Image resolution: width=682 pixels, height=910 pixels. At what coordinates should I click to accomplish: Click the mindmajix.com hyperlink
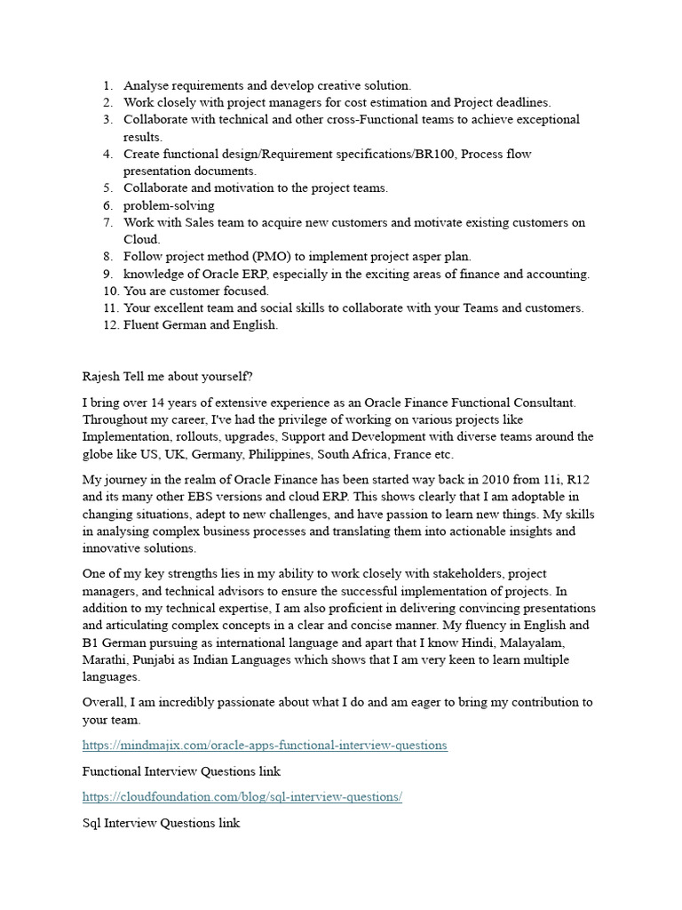265,745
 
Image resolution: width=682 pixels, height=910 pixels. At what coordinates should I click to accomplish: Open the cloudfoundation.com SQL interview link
242,796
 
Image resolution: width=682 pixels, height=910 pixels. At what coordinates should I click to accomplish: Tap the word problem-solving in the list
169,205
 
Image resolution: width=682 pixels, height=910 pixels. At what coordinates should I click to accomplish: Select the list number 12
109,325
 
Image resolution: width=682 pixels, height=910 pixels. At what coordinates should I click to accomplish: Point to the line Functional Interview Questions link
181,770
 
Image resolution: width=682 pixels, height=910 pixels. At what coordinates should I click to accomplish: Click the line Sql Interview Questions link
161,823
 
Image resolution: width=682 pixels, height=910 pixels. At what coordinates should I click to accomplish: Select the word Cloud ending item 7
141,239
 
